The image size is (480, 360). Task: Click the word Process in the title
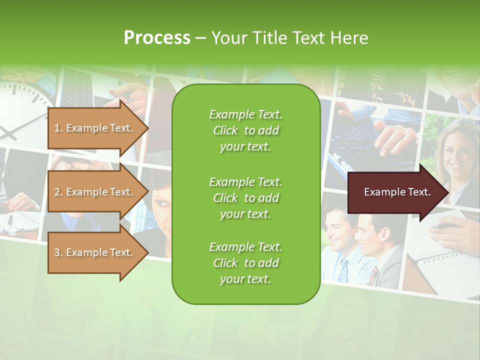coord(157,37)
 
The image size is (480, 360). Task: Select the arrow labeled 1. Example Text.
coord(95,128)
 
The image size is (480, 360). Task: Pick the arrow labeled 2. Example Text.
coord(95,192)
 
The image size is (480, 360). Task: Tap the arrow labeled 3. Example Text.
coord(95,252)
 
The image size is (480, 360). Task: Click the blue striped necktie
coord(343,270)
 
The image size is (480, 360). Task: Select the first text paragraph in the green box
coord(245,130)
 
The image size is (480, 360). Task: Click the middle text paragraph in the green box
coord(245,198)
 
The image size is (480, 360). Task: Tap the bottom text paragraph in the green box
coord(245,263)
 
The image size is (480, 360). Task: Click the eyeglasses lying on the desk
coord(12,230)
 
